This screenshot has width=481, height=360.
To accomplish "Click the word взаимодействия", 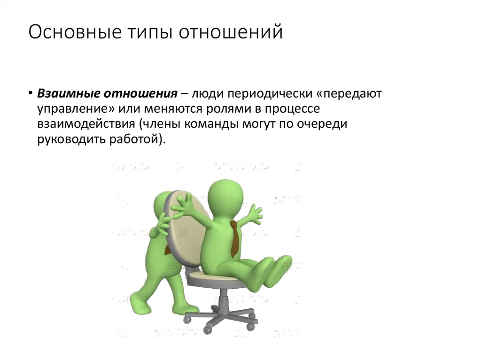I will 83,124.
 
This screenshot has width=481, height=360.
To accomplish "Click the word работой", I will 136,140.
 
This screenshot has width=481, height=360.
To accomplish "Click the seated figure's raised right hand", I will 254,214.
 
